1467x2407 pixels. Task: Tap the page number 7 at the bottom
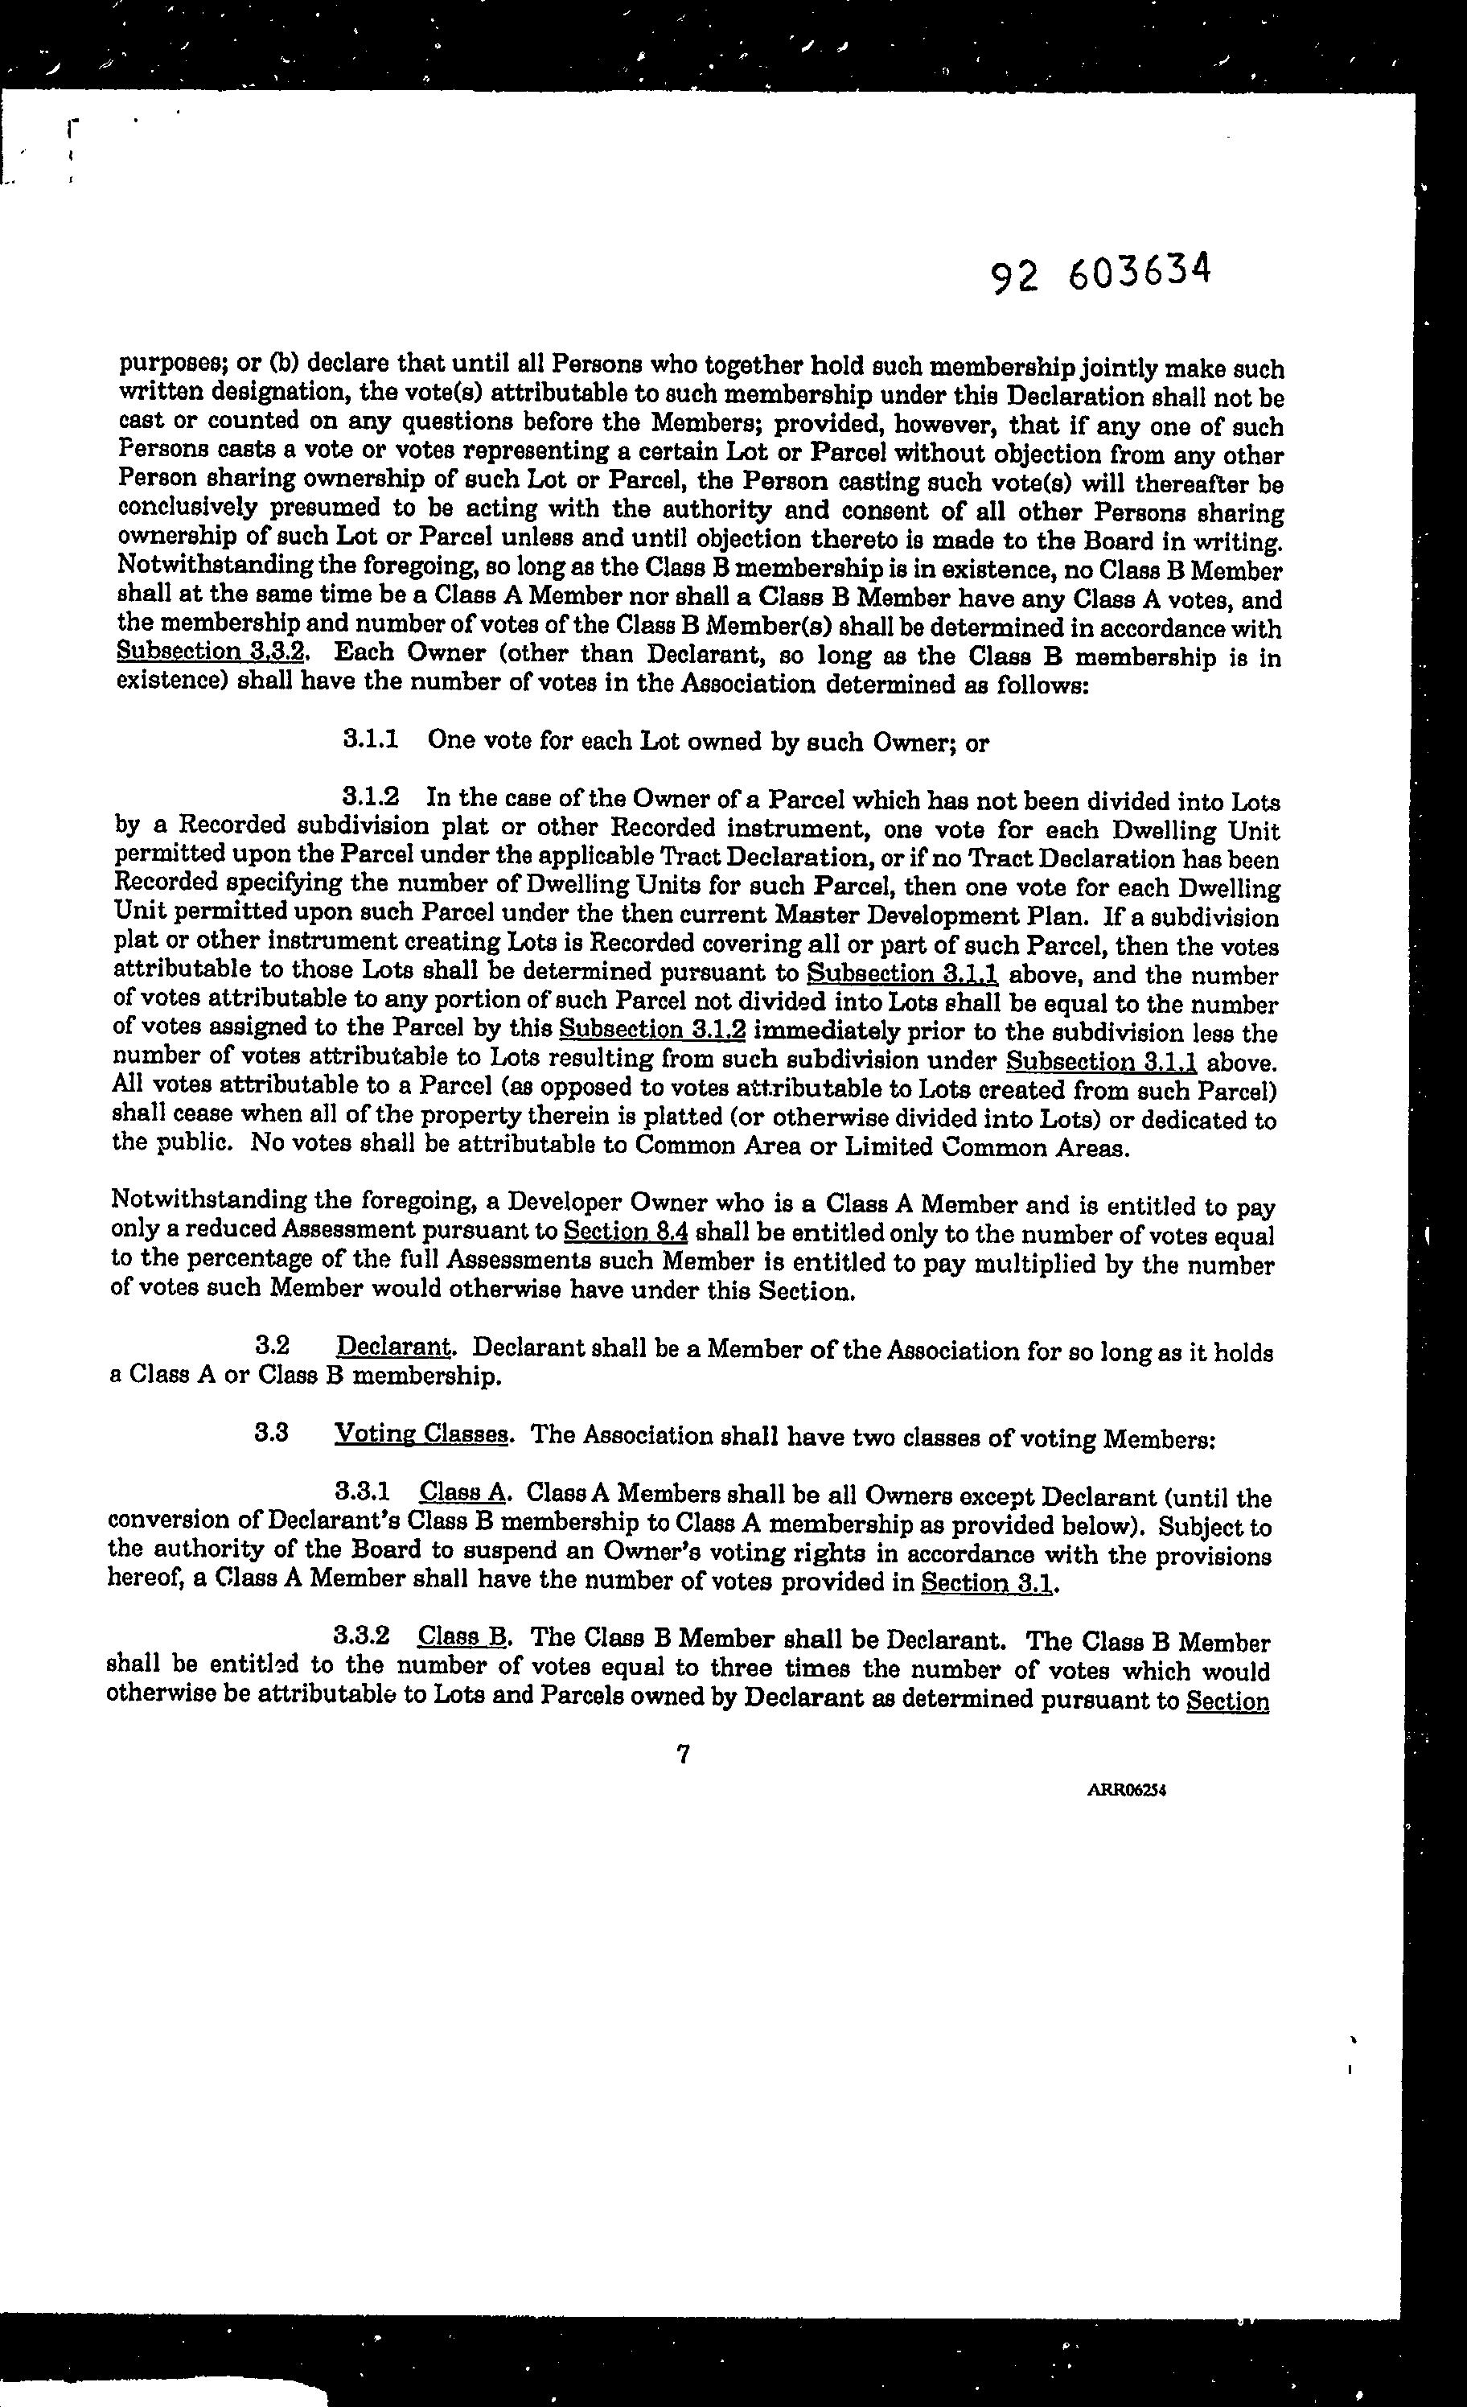(x=683, y=1755)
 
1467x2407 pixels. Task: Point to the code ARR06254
(x=1127, y=1791)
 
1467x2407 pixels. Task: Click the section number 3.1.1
(x=371, y=739)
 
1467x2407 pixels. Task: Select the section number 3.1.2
(x=371, y=797)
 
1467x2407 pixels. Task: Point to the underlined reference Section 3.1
(x=988, y=1582)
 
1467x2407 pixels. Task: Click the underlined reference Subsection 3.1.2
(x=651, y=1030)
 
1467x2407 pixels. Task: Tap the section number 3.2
(x=272, y=1345)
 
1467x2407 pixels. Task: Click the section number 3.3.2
(x=363, y=1636)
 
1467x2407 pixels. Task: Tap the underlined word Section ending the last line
(x=1227, y=1701)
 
